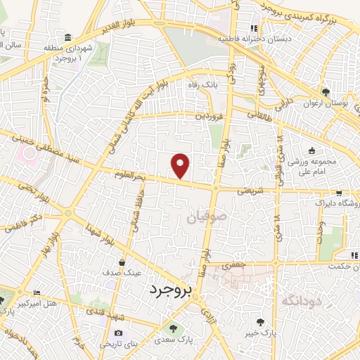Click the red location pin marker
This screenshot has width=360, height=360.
click(x=181, y=166)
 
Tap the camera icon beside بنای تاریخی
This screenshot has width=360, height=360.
click(x=118, y=333)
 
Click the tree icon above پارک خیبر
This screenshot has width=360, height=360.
click(x=261, y=322)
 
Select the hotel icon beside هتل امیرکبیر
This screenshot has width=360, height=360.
click(x=38, y=292)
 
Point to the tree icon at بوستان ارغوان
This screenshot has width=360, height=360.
click(x=325, y=92)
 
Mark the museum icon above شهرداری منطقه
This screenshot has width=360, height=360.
click(x=67, y=37)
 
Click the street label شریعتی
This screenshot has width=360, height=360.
click(x=250, y=190)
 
